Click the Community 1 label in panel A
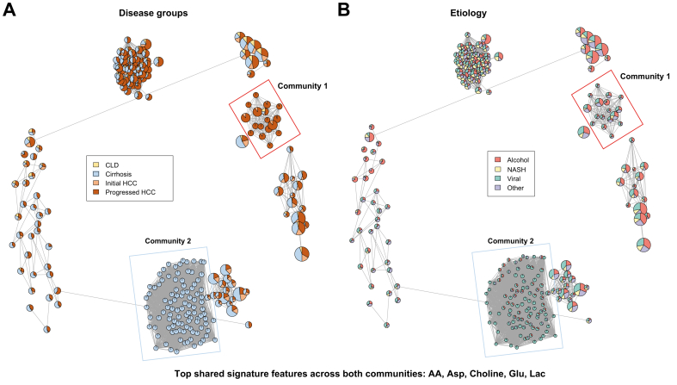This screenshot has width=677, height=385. pyautogui.click(x=305, y=84)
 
